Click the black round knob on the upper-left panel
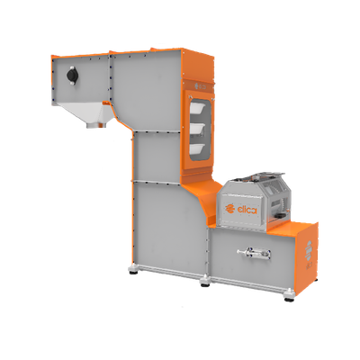72,76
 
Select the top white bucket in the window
197,106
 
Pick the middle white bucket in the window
197,129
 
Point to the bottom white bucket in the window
197,148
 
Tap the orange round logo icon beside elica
230,209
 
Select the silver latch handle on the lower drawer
254,254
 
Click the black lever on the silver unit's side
282,215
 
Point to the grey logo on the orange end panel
309,248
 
